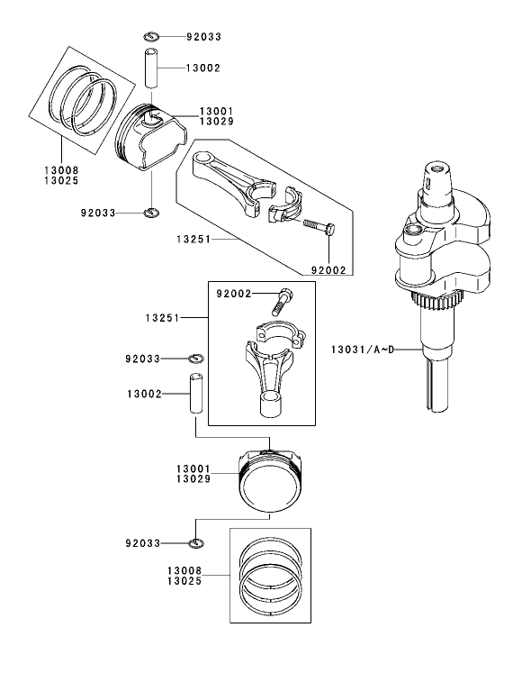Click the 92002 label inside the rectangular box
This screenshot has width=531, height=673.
[233, 294]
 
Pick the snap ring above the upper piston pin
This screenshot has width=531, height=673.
[151, 37]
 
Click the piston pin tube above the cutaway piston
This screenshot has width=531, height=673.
[151, 72]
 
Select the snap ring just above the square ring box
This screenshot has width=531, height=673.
[198, 542]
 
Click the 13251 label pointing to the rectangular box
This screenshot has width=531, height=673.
[163, 318]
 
